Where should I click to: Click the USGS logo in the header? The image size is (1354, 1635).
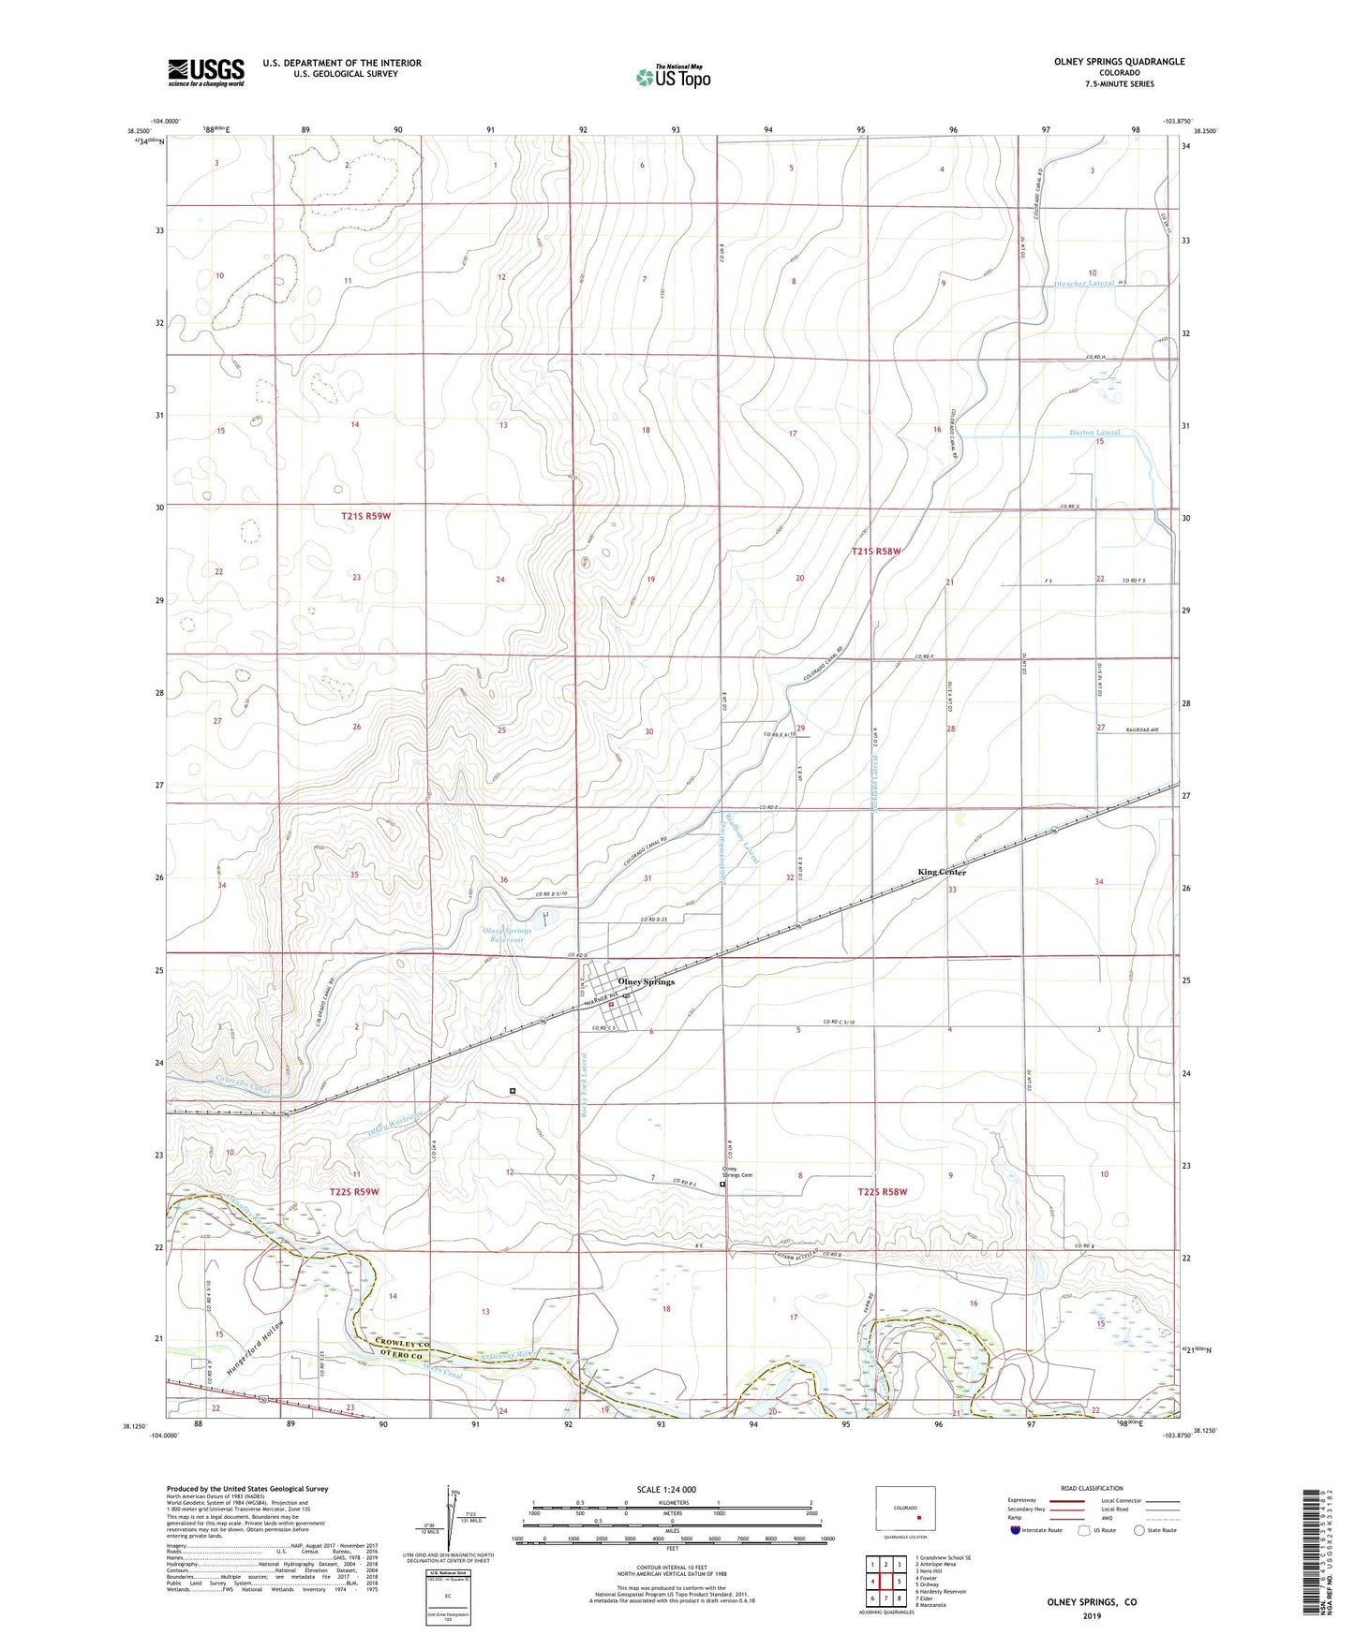point(206,72)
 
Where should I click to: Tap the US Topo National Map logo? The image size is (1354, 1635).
point(673,77)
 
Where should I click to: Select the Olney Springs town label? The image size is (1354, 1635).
point(646,981)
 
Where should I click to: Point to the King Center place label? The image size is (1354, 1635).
point(941,872)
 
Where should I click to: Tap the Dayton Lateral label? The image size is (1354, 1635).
point(1094,433)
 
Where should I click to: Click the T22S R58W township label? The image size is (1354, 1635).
point(883,1192)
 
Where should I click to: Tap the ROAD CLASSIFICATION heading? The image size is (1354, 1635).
point(1091,1488)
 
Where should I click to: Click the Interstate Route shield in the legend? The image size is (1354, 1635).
point(1017,1530)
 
